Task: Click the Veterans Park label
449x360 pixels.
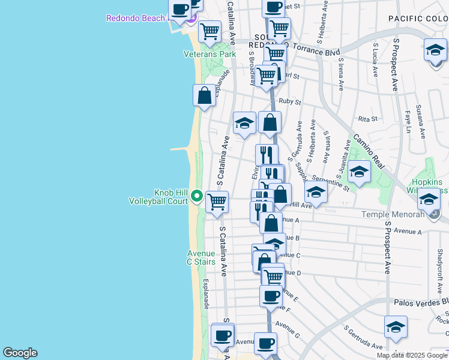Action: tap(209, 54)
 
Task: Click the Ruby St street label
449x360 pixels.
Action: tap(289, 102)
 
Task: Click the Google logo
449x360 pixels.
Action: tap(20, 353)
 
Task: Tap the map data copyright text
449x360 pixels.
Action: tap(412, 355)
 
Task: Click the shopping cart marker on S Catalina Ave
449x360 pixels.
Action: tap(217, 202)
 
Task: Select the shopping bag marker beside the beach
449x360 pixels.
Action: tap(204, 95)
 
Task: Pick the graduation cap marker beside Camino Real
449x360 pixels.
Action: tap(359, 172)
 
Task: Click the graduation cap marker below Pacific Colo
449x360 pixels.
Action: tap(435, 51)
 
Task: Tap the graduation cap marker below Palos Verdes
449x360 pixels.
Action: tap(396, 327)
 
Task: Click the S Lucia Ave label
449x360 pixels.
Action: tap(376, 60)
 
